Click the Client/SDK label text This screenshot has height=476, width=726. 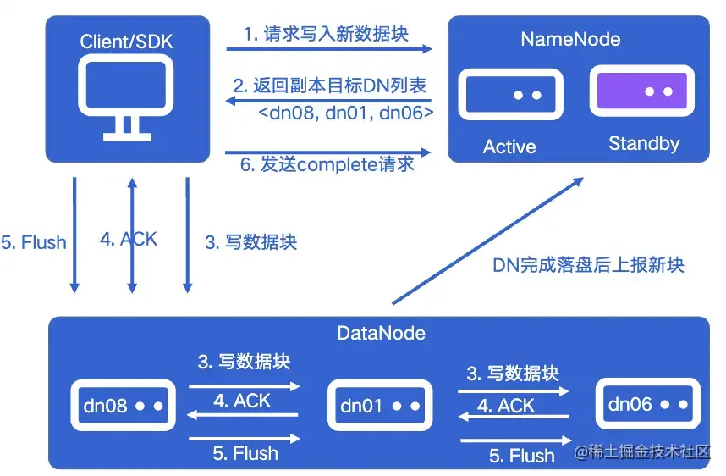pyautogui.click(x=127, y=40)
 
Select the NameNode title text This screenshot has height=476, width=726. pyautogui.click(x=569, y=39)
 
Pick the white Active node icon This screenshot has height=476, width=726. pyautogui.click(x=510, y=95)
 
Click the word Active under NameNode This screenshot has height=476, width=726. pyautogui.click(x=509, y=147)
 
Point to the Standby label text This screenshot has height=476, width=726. pyautogui.click(x=643, y=144)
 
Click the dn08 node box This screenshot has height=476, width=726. pyautogui.click(x=124, y=407)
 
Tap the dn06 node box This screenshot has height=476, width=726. pyautogui.click(x=646, y=405)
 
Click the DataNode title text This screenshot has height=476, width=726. pyautogui.click(x=381, y=333)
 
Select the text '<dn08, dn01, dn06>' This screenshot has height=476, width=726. pyautogui.click(x=345, y=111)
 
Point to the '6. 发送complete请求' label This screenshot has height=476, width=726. pyautogui.click(x=327, y=164)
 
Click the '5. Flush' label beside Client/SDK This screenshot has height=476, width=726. pyautogui.click(x=34, y=243)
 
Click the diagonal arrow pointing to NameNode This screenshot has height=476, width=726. pyautogui.click(x=487, y=241)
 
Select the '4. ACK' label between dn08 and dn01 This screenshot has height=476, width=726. pyautogui.click(x=243, y=401)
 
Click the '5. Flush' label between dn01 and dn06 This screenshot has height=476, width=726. pyautogui.click(x=521, y=456)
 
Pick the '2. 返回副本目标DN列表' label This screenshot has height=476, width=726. pyautogui.click(x=329, y=86)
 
